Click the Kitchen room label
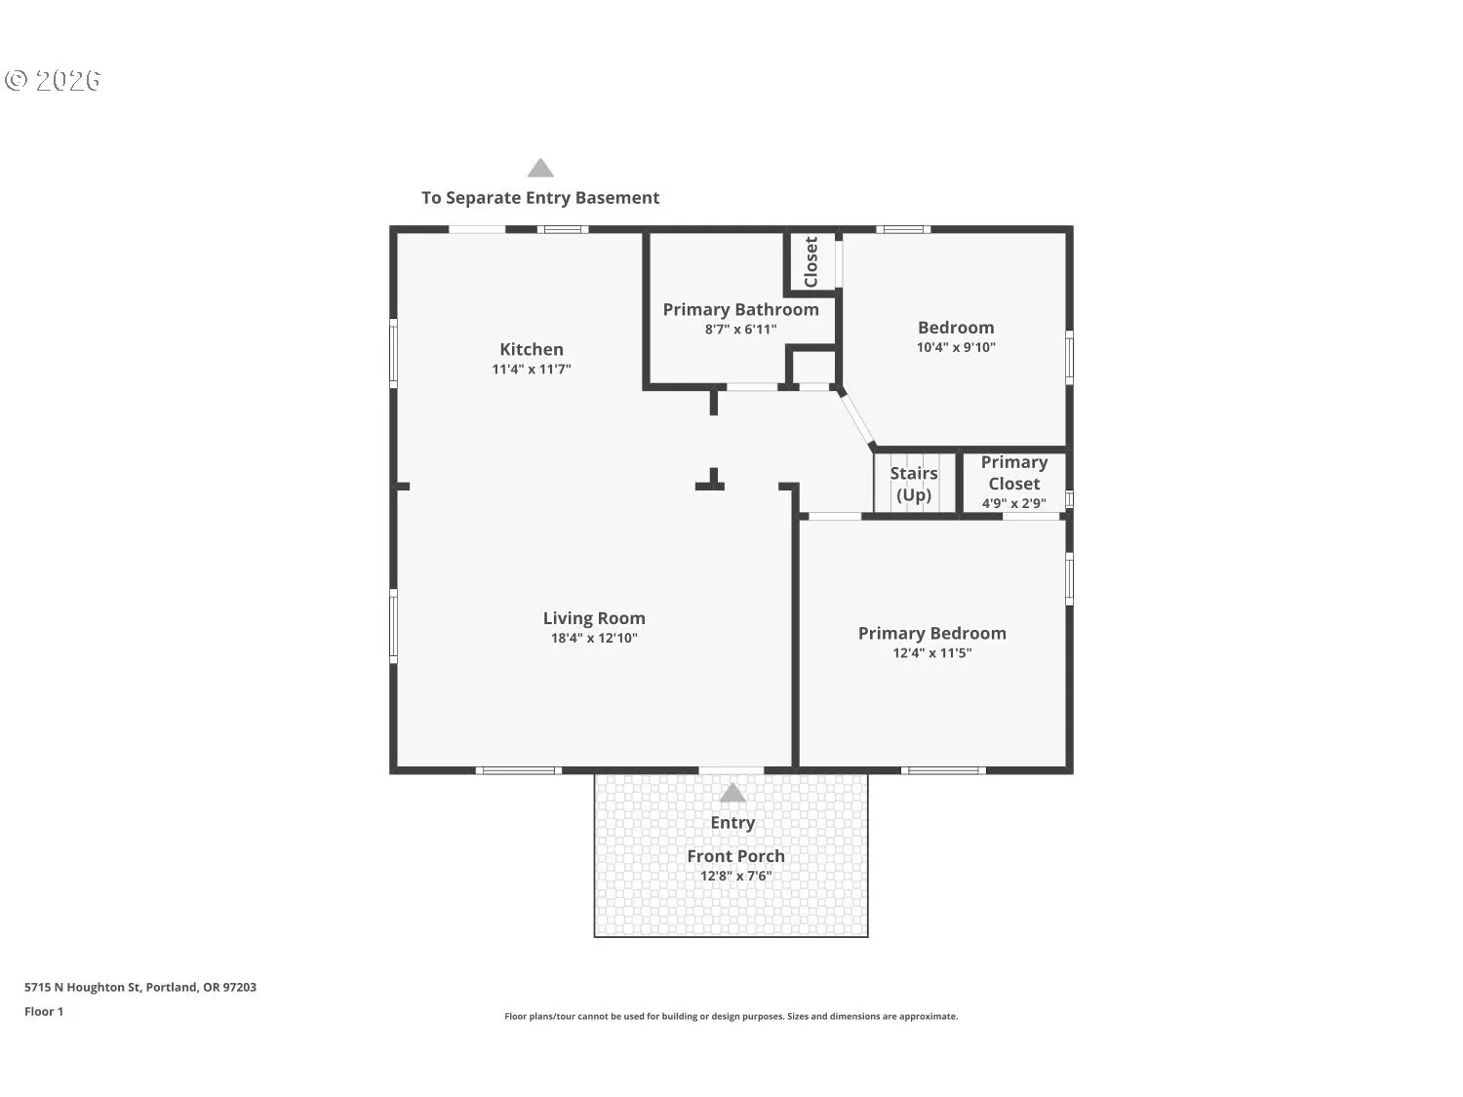pyautogui.click(x=531, y=349)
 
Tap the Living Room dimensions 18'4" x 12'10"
pyautogui.click(x=593, y=639)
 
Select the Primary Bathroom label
pyautogui.click(x=740, y=309)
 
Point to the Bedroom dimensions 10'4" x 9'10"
pyautogui.click(x=955, y=347)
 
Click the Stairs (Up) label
pyautogui.click(x=913, y=484)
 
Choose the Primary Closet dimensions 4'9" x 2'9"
pyautogui.click(x=1013, y=503)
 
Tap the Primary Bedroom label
pyautogui.click(x=931, y=633)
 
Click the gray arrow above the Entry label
pyautogui.click(x=732, y=793)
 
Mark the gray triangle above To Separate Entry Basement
pyautogui.click(x=540, y=169)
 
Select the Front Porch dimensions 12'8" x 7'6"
pyautogui.click(x=735, y=876)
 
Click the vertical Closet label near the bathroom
pyautogui.click(x=811, y=261)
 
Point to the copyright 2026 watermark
pyautogui.click(x=54, y=80)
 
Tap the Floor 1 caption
pyautogui.click(x=44, y=1011)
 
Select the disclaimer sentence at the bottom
pyautogui.click(x=731, y=1016)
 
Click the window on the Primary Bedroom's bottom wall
pyautogui.click(x=942, y=770)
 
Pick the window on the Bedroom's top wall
pyautogui.click(x=902, y=230)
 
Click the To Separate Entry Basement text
pyautogui.click(x=540, y=198)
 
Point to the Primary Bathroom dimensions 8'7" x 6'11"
pyautogui.click(x=740, y=330)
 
